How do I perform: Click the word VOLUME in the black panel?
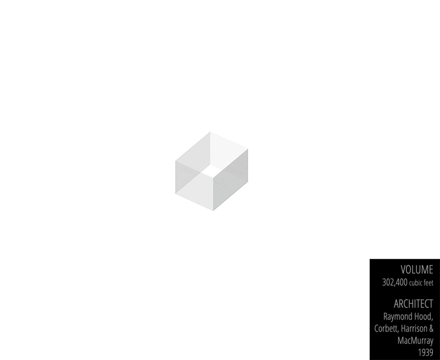tap(416, 269)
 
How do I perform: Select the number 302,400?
tap(394, 283)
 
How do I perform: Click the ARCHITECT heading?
tap(413, 303)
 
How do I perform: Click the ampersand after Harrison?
tap(431, 329)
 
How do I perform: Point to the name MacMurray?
tap(415, 340)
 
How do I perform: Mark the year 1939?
tap(425, 352)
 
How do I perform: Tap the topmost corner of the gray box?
tap(210, 132)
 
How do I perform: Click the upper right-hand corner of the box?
tap(248, 149)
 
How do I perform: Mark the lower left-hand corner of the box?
tap(176, 194)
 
